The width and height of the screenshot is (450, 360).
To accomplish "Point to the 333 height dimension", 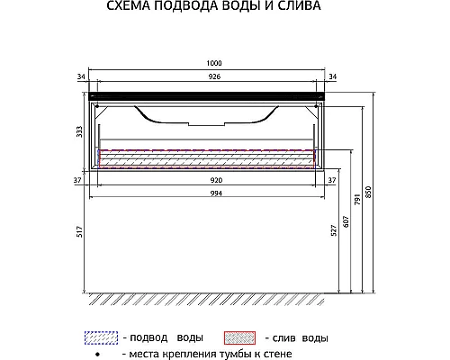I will [80, 131].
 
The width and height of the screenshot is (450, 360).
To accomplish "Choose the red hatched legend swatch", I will [241, 337].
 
